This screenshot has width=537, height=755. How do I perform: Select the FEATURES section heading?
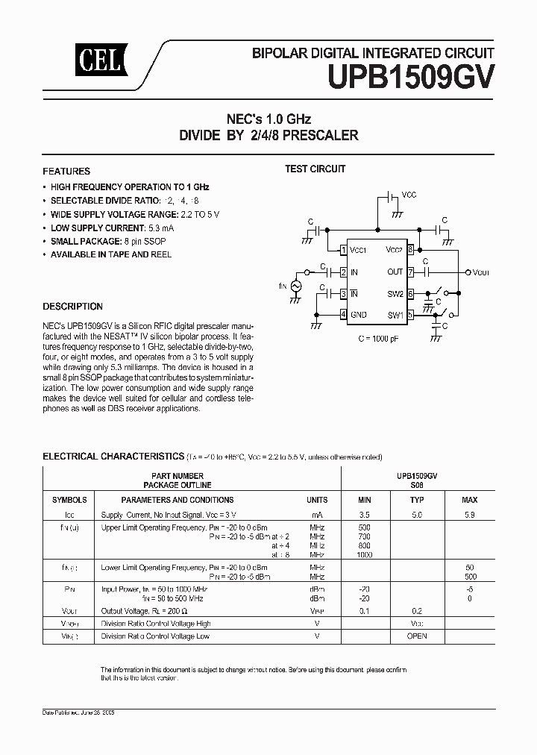point(66,171)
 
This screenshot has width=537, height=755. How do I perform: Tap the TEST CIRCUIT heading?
point(315,169)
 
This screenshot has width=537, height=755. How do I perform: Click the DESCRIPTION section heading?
point(73,307)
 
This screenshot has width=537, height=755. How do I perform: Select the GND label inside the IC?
point(359,315)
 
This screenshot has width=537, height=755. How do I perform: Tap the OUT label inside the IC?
point(395,272)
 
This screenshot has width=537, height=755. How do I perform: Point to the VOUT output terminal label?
point(481,273)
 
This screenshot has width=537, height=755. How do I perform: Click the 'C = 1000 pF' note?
point(377,338)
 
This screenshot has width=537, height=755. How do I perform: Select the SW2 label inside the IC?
point(395,294)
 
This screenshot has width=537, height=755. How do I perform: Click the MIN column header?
point(365,500)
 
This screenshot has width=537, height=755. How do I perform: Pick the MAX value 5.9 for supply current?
point(469,516)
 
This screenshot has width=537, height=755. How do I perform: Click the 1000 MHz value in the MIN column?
point(365,555)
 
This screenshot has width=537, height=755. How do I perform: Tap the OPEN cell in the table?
point(417,636)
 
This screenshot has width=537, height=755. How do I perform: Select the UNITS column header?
point(317,500)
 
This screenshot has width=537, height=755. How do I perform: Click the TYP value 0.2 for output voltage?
point(417,611)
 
